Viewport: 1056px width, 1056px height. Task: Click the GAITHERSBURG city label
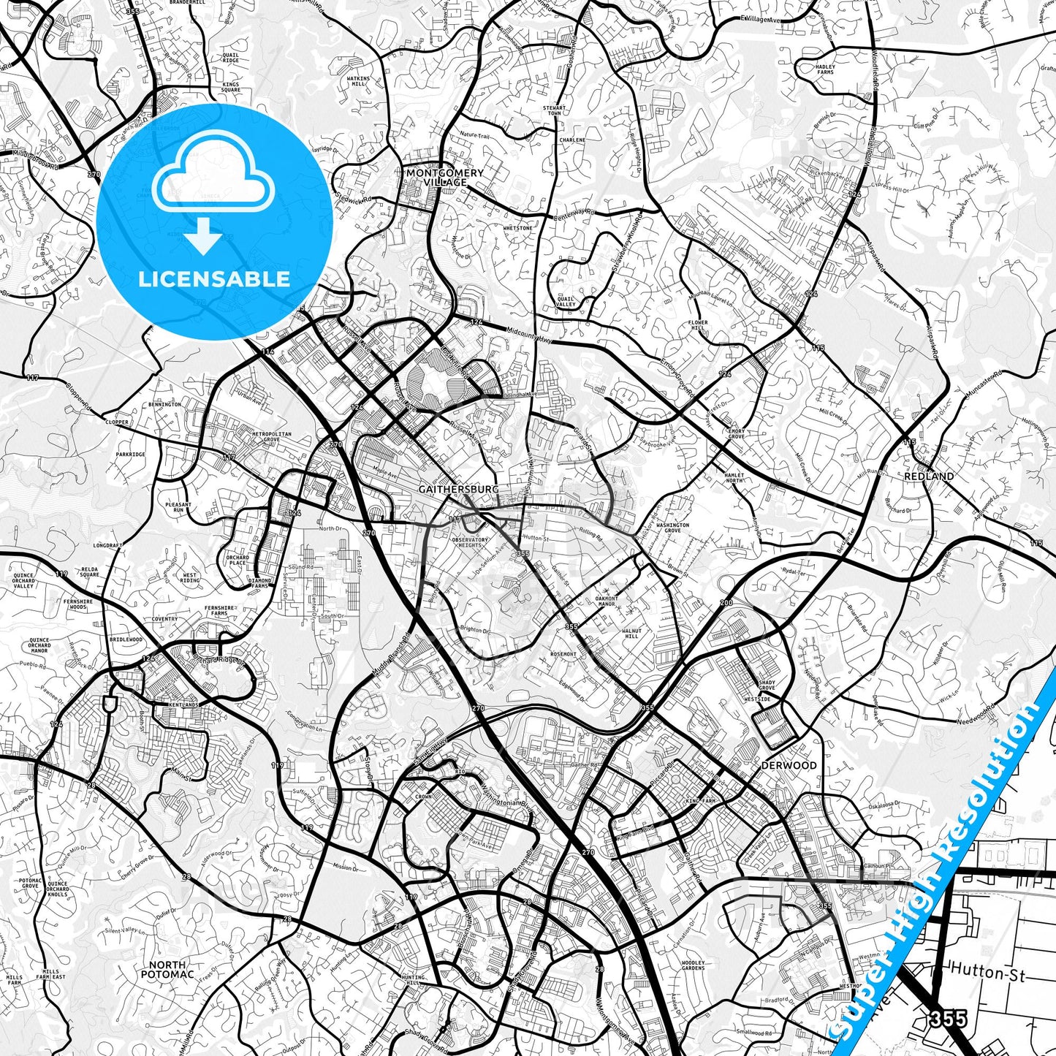[x=459, y=489]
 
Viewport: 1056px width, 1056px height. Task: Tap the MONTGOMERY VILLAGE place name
[x=445, y=177]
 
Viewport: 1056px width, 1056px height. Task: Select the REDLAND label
[x=929, y=476]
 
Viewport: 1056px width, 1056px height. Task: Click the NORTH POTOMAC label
[x=167, y=969]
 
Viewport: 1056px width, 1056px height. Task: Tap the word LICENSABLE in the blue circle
[x=214, y=279]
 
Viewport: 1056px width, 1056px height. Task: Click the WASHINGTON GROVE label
[x=672, y=527]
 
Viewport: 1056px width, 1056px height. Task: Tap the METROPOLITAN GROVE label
[x=272, y=436]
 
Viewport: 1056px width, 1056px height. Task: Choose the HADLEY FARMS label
[x=825, y=69]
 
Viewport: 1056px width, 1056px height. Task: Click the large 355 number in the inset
[x=949, y=1018]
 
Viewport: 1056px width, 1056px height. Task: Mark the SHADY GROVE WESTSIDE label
[x=766, y=691]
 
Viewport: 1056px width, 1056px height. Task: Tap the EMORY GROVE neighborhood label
[x=736, y=434]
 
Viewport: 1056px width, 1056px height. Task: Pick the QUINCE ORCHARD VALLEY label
[x=23, y=580]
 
